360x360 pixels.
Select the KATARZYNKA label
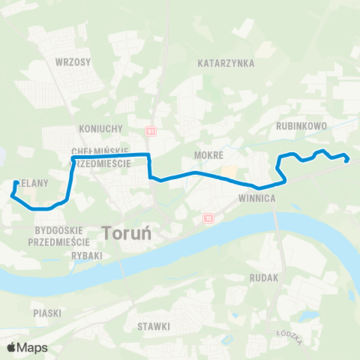point(226,64)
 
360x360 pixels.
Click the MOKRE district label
point(209,154)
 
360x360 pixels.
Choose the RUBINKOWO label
point(301,126)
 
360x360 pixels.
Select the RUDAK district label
point(265,277)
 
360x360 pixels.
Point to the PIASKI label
point(46,311)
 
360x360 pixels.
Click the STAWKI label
point(154,326)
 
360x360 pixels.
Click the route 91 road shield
point(151,130)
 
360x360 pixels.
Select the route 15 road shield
point(208,218)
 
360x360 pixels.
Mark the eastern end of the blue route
point(348,159)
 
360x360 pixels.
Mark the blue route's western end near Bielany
point(16,182)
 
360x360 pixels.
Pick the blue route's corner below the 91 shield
point(149,155)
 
